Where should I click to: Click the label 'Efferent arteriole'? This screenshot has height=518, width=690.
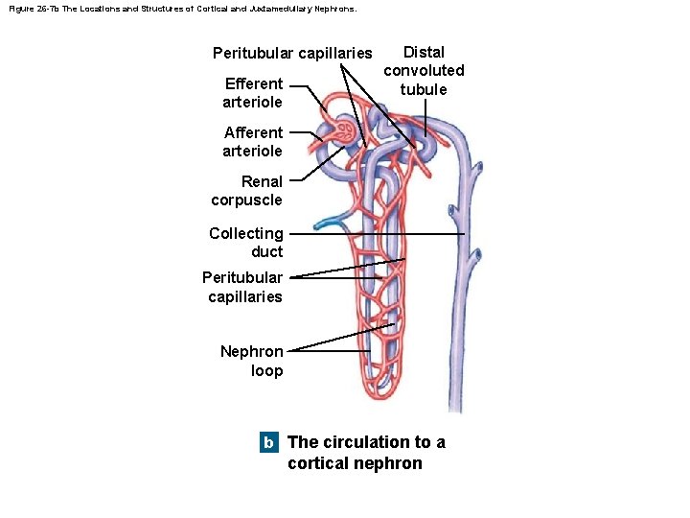point(253,92)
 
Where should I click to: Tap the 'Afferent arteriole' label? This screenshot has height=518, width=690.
point(253,141)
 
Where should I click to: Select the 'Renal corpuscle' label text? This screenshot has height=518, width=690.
point(248,190)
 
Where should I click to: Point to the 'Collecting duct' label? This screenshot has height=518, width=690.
point(247,242)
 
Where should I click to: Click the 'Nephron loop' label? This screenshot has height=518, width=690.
point(252,361)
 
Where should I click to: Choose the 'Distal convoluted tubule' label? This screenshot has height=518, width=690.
point(424,70)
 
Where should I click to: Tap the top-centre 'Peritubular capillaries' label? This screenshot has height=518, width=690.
point(292,52)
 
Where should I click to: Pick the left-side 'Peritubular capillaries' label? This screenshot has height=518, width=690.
point(243,287)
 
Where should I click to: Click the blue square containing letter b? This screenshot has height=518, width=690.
point(269,443)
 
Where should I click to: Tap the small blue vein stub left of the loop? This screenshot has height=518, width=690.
point(330,223)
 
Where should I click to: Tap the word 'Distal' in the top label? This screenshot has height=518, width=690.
point(424,52)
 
